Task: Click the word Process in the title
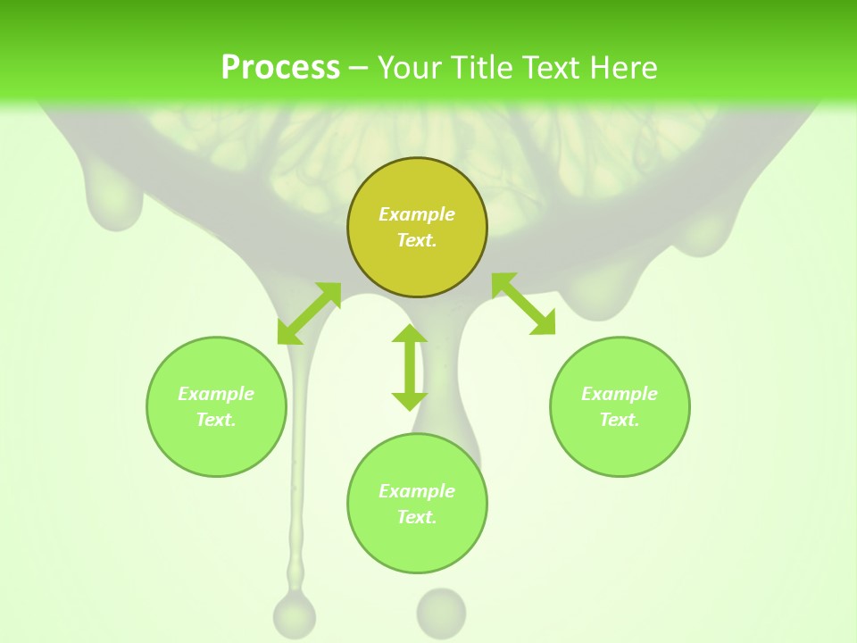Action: (x=280, y=67)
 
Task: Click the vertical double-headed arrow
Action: (x=410, y=367)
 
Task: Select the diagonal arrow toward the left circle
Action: (x=309, y=313)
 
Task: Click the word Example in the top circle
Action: (x=417, y=214)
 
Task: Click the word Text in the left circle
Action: (x=215, y=420)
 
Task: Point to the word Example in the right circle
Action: (x=620, y=394)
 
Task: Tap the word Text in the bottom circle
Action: (x=416, y=517)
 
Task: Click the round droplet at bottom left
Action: (x=295, y=614)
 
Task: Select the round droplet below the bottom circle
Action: (x=441, y=612)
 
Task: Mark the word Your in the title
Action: (x=407, y=67)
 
